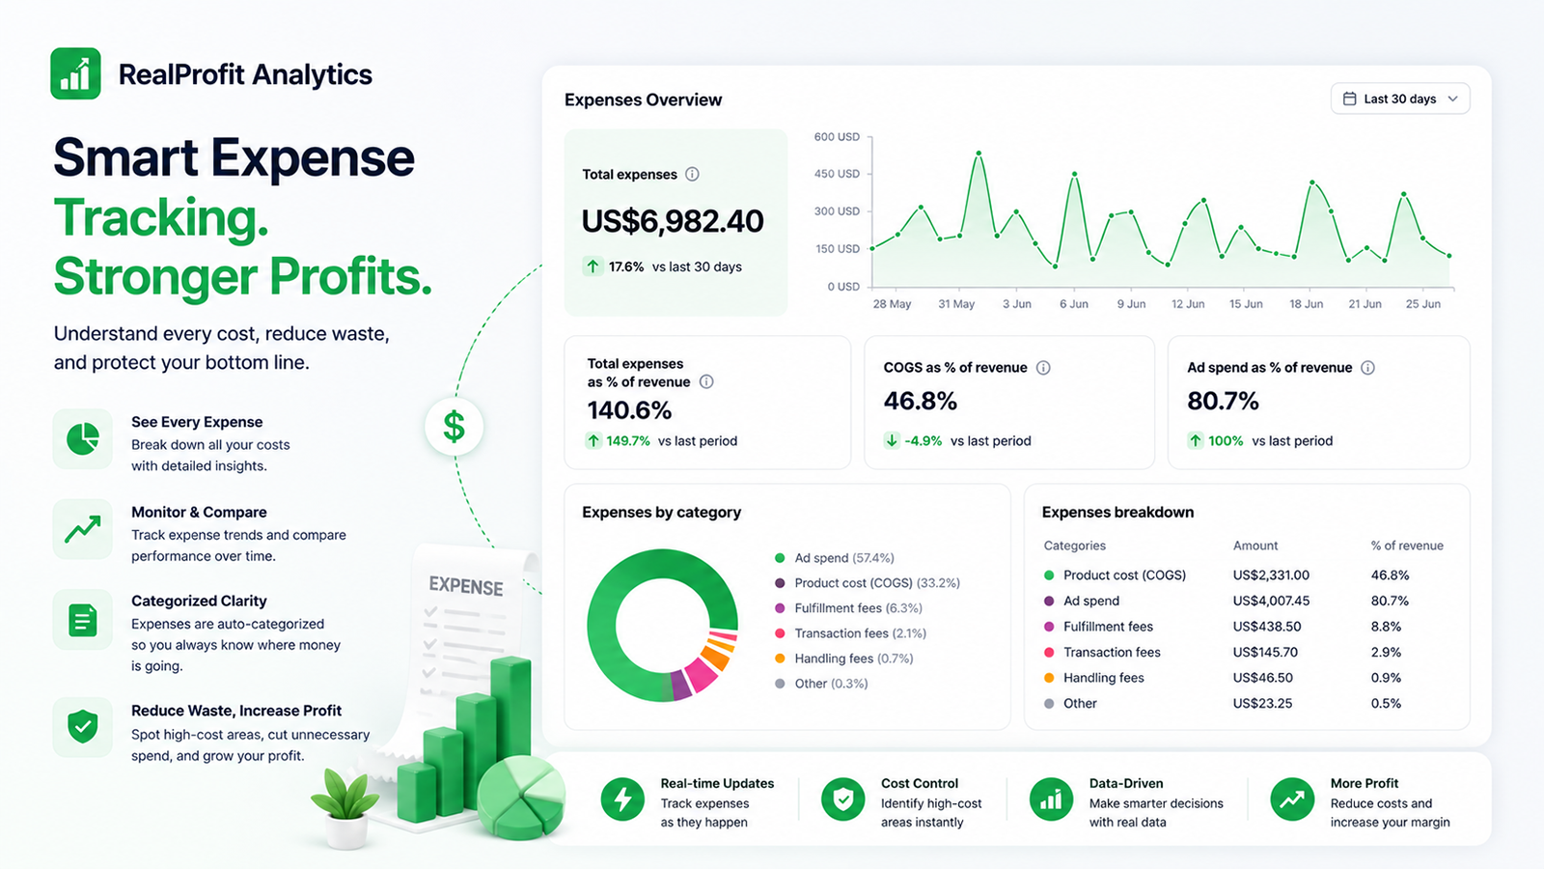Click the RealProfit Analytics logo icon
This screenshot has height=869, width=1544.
[76, 73]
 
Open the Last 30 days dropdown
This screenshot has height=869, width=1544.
[1400, 98]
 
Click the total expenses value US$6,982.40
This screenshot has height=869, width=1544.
[673, 221]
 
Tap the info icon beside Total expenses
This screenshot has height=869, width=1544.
[692, 175]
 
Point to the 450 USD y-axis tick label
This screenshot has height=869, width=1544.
[837, 174]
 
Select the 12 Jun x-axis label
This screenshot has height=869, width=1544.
[1188, 304]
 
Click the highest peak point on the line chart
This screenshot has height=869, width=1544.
[979, 154]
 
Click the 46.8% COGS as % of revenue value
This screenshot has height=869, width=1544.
[921, 401]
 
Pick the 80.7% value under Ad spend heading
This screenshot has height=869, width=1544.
[1223, 401]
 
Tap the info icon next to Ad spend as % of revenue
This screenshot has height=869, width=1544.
[1367, 368]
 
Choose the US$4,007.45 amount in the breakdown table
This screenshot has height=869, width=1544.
[1271, 601]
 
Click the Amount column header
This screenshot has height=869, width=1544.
[1255, 546]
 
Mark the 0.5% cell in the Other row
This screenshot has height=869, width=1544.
[1386, 704]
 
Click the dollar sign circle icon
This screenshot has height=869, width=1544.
[454, 426]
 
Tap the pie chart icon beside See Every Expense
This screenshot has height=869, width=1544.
[83, 438]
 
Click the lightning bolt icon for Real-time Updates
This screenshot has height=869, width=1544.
[622, 799]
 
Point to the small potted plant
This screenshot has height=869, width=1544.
[345, 808]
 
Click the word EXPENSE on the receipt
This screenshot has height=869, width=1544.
[466, 586]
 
